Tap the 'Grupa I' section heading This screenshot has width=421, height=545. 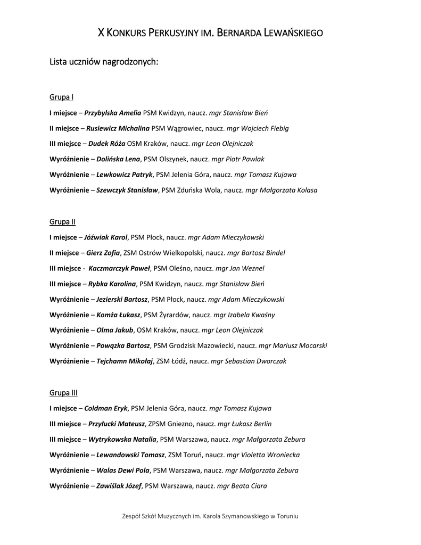tap(61, 97)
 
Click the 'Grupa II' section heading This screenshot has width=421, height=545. tap(62, 221)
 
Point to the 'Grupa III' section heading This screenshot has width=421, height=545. tap(63, 393)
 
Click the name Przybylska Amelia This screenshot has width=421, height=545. tap(113, 113)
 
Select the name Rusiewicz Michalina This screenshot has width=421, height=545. tap(118, 128)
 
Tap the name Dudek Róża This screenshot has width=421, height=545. tap(106, 144)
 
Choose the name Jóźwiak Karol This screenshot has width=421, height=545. tap(106, 237)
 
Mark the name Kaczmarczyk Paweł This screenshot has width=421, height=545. tap(120, 268)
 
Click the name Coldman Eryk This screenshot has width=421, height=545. tap(106, 408)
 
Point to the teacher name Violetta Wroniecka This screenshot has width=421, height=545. tap(270, 455)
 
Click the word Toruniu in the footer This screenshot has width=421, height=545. tap(287, 516)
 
